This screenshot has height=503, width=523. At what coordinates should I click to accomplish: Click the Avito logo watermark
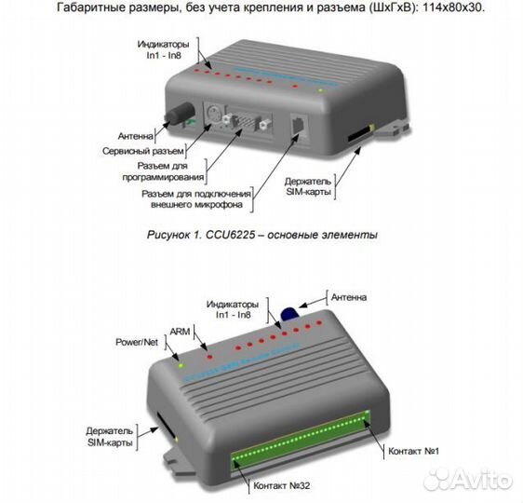point(466,481)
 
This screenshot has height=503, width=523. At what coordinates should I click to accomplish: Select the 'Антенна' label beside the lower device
point(347,297)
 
